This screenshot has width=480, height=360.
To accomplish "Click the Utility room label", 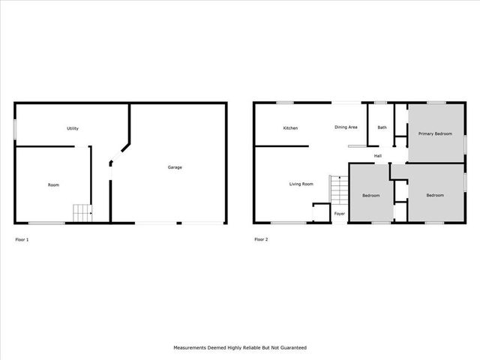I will click(73, 128).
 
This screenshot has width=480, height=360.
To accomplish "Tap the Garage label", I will click(174, 167).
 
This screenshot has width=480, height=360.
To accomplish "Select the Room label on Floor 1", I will click(53, 184).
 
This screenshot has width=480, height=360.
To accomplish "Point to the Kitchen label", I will click(290, 128).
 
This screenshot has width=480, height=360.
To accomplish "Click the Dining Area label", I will click(346, 127).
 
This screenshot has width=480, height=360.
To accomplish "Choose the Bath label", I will click(382, 127).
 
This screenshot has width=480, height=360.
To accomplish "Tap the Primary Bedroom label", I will click(435, 133).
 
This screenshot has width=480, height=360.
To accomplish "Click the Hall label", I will click(379, 156).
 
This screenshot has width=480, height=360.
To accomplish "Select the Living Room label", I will click(301, 183).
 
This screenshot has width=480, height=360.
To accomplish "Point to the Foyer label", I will click(340, 214).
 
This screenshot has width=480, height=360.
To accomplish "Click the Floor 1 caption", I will click(22, 239).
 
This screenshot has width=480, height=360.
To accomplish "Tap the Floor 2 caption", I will click(261, 239).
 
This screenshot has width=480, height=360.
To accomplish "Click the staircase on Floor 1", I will click(82, 213).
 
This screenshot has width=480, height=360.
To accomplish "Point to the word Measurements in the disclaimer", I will click(193, 348).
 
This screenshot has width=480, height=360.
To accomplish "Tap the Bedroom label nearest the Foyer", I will click(371, 196).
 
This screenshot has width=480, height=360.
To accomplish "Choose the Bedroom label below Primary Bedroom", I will click(435, 195).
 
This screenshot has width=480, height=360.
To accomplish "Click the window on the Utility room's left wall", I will click(15, 128).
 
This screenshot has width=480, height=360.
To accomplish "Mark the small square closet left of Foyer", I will click(321, 213).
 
